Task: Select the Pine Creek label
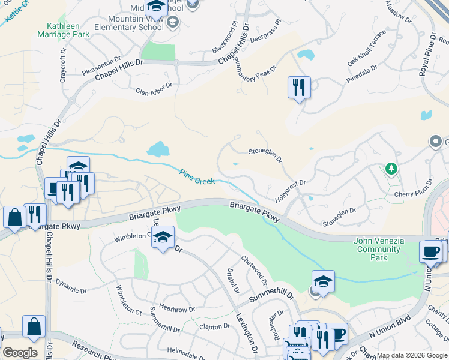(197, 178)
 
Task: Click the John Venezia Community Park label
(379, 249)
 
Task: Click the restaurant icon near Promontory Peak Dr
(298, 88)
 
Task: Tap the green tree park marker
(391, 169)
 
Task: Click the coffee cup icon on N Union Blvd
(430, 251)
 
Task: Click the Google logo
(20, 353)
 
